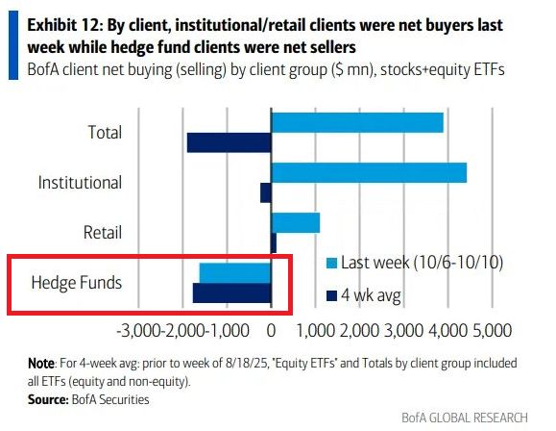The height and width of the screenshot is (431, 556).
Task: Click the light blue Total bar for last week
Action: [357, 121]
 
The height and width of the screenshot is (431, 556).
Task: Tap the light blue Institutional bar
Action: [369, 172]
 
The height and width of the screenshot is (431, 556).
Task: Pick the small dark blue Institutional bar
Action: [266, 192]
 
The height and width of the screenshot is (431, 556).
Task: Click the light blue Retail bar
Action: [296, 222]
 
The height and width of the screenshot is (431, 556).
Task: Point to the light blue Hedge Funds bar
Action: [235, 272]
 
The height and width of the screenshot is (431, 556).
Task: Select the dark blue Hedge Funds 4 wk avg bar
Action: [232, 292]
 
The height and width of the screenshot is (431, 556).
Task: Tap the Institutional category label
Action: [80, 182]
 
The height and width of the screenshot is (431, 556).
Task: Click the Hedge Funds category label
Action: [77, 282]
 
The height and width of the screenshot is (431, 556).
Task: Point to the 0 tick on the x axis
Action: [272, 331]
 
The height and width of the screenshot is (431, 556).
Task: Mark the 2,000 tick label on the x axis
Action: [358, 331]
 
